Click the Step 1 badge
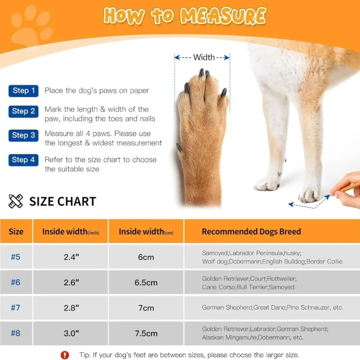[23, 91]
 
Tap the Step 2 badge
[23, 111]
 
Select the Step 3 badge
[23, 135]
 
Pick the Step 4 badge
[23, 160]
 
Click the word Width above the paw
[204, 57]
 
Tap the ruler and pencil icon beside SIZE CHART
[16, 201]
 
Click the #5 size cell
[16, 257]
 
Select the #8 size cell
[16, 333]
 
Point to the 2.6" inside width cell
[71, 283]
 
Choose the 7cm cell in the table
[146, 308]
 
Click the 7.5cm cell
[146, 333]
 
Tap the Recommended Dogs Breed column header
[251, 232]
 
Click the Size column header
[16, 232]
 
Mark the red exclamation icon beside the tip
[65, 355]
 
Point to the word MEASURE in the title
[223, 16]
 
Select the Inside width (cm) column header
[146, 232]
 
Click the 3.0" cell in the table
[71, 333]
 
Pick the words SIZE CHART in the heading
[63, 201]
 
